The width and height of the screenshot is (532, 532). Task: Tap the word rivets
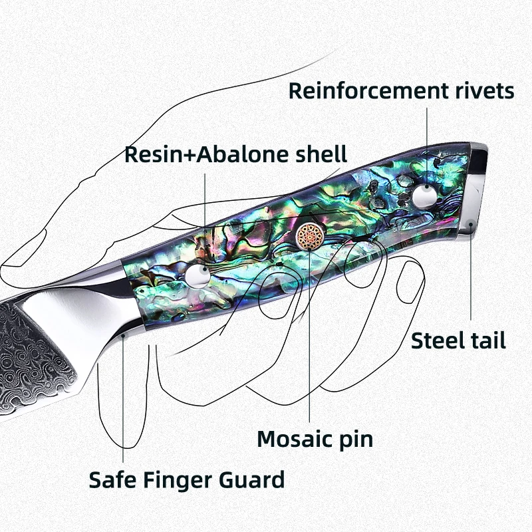(485, 90)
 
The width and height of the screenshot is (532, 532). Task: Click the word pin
(356, 440)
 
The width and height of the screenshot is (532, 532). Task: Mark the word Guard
(255, 479)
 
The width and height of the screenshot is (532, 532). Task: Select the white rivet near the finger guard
(196, 276)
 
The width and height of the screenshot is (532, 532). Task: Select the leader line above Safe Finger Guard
(124, 399)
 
